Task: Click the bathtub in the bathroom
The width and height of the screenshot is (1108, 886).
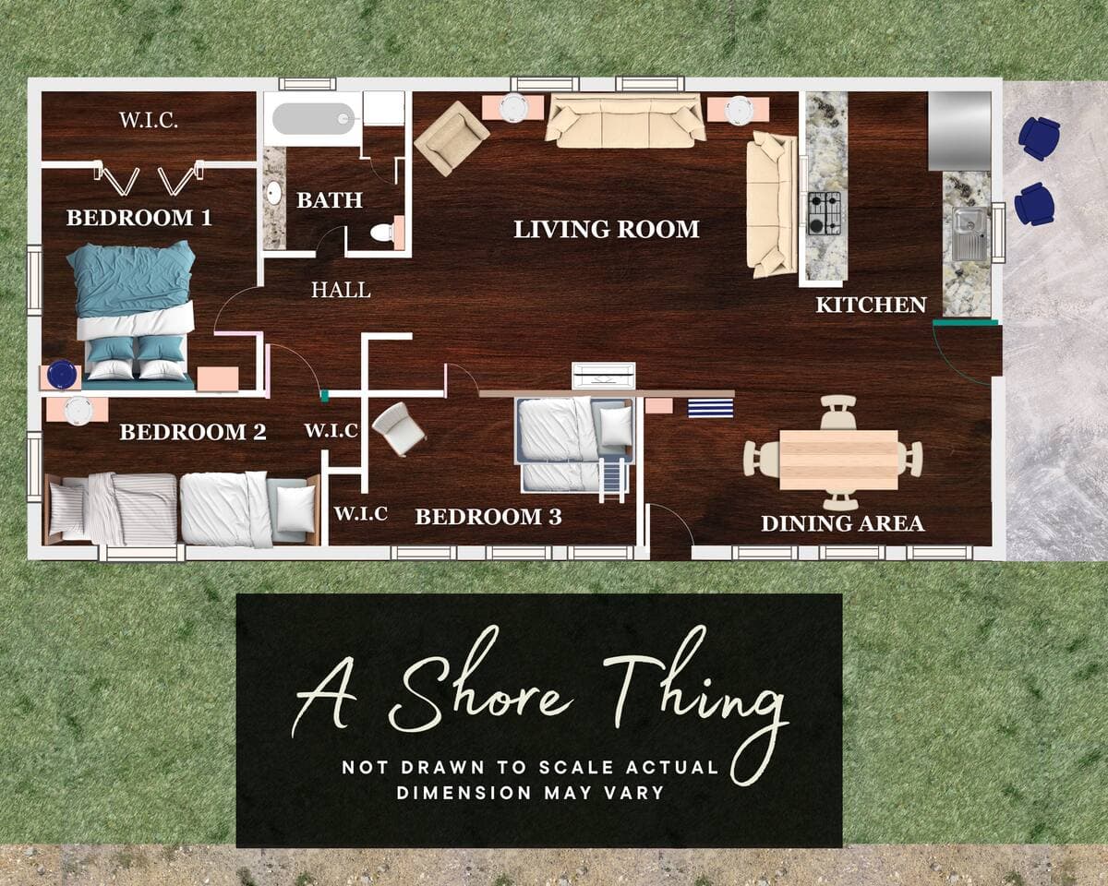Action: click(x=314, y=118)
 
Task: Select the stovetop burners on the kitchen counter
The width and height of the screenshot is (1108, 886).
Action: click(x=824, y=213)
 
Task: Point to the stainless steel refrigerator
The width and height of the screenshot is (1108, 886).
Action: click(x=959, y=131)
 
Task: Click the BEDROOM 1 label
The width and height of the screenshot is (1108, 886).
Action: click(x=139, y=218)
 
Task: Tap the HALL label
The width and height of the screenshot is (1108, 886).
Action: click(x=341, y=290)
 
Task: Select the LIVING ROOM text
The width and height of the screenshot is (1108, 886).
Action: click(x=607, y=229)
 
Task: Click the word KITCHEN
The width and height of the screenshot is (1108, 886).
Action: click(x=871, y=305)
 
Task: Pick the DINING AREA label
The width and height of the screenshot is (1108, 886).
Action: click(x=842, y=523)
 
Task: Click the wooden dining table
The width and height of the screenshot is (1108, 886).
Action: click(x=839, y=460)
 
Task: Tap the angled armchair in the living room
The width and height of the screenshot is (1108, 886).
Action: click(x=452, y=138)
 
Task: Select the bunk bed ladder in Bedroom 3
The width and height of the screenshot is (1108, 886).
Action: click(x=612, y=480)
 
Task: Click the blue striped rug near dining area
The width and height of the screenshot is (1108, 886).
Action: click(x=711, y=408)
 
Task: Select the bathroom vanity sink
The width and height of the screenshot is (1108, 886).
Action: click(x=273, y=193)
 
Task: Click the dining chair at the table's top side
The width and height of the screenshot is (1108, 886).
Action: click(x=838, y=412)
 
